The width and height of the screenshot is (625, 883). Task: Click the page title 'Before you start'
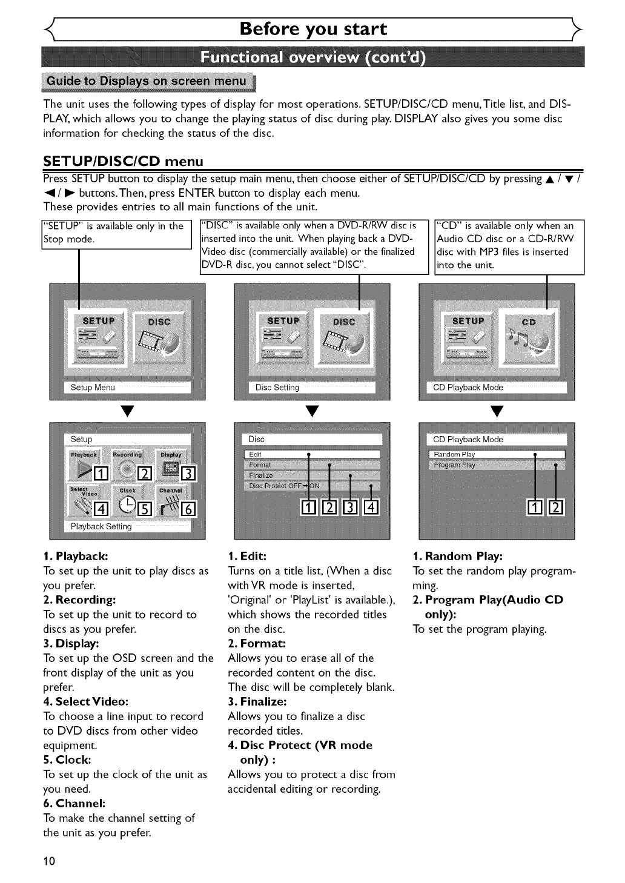point(313,29)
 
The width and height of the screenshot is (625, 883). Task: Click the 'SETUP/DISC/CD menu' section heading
point(123,161)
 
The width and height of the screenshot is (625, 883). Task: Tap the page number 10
point(49,861)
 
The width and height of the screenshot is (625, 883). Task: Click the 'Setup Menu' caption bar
point(127,388)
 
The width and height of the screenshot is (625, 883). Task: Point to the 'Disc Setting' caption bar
point(312,388)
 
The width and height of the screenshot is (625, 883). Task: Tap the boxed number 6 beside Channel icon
point(188,509)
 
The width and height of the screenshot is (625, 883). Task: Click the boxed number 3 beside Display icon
point(188,474)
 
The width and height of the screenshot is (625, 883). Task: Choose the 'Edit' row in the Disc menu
point(312,454)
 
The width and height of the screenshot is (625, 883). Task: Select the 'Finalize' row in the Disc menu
point(312,475)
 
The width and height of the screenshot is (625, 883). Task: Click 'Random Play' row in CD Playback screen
point(497,454)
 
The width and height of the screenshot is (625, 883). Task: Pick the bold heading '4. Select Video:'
point(85,701)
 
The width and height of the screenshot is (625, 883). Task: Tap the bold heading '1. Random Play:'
point(457,556)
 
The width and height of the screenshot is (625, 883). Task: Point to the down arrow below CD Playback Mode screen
point(497,412)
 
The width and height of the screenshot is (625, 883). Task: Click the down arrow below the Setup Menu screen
point(127,412)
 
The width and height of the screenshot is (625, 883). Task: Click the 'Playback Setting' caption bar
point(127,527)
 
